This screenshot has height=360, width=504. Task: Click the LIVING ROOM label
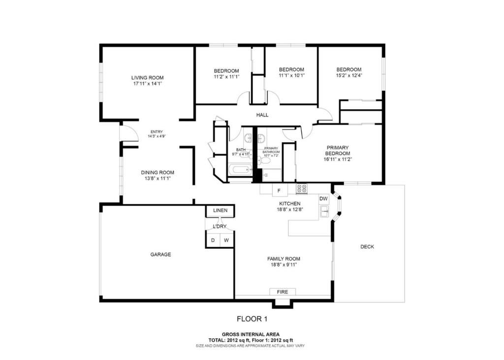click(x=147, y=78)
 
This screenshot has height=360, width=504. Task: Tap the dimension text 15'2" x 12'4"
click(x=348, y=76)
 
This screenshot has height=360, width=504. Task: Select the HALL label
click(x=262, y=115)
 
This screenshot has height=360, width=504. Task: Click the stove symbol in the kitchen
click(x=301, y=189)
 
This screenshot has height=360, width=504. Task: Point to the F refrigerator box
click(x=279, y=190)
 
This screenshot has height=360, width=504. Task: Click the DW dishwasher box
click(x=323, y=199)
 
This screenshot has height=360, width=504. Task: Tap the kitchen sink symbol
click(x=325, y=212)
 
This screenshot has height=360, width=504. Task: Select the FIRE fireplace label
click(x=282, y=292)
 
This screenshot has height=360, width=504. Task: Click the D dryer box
click(x=213, y=240)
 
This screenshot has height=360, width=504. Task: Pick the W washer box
click(x=226, y=240)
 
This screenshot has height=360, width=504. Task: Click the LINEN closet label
click(x=220, y=211)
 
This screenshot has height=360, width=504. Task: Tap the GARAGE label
click(x=160, y=255)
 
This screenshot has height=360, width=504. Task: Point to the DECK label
click(x=367, y=247)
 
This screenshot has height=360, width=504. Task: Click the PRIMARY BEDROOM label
click(x=337, y=150)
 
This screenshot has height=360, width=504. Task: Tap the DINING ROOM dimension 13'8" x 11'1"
click(x=157, y=179)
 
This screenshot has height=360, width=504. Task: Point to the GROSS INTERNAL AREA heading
click(x=251, y=334)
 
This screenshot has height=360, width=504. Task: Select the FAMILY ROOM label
click(x=283, y=259)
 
